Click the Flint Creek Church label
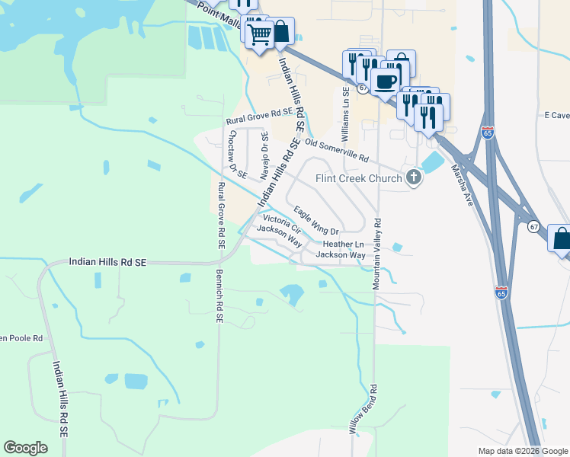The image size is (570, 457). point(359,179)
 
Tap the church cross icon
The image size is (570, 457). point(414,178)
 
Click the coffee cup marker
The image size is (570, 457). point(386,81)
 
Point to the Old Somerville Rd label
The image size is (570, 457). point(336,150)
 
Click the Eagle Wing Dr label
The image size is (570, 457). point(315,220)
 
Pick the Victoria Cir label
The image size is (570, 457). point(283,219)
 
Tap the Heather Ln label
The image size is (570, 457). point(344,244)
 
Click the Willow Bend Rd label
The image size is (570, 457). point(364,409)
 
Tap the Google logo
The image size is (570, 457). point(26,447)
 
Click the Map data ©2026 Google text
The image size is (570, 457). point(522,451)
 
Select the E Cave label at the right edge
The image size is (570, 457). point(556,115)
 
